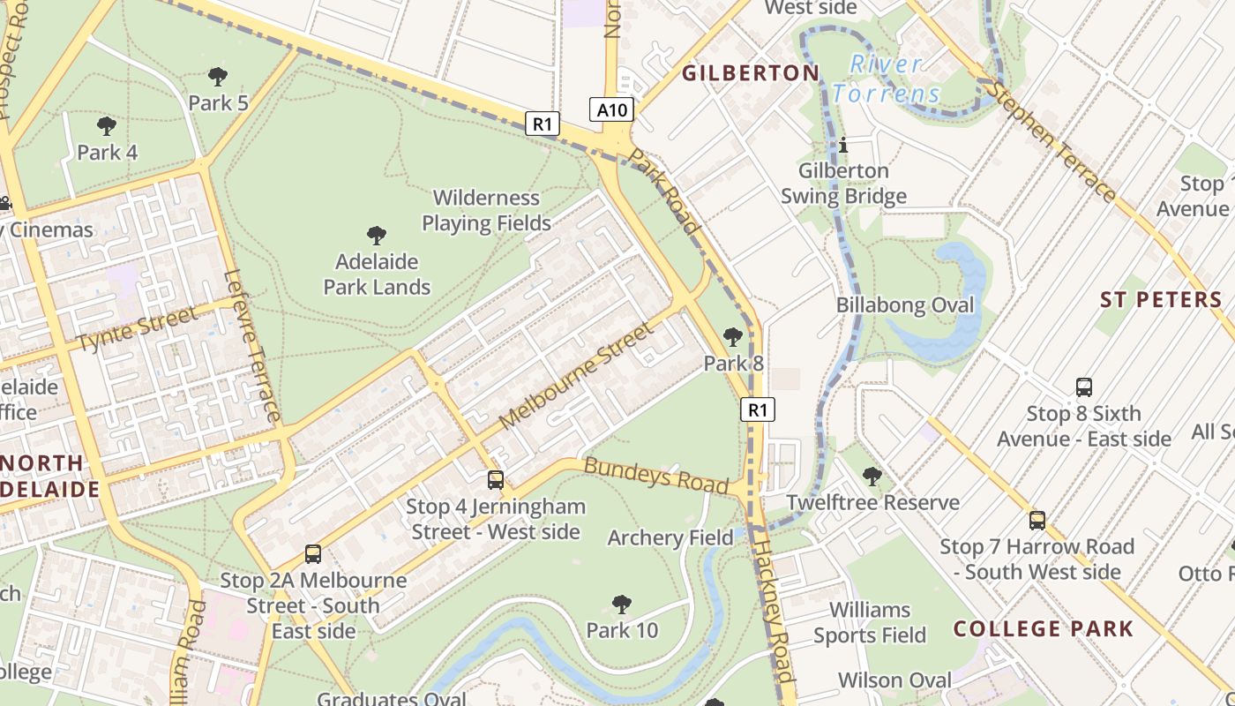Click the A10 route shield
pos(611,109)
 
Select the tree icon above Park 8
pos(732,337)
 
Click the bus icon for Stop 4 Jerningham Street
pos(496,480)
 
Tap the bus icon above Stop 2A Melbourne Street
pos(312,554)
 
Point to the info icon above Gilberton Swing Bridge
pos(842,145)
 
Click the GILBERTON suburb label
pos(751,73)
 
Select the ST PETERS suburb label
pos(1161,300)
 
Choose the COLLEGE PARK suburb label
pos(1044,628)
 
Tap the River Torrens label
pos(886,79)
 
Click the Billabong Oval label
pos(905,305)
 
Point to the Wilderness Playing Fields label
pos(486,210)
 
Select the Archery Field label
pos(670,537)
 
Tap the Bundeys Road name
pos(656,476)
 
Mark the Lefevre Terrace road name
pos(253,346)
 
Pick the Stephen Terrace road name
pos(1050,141)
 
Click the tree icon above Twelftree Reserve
pos(872,477)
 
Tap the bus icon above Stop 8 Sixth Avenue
pos(1084,387)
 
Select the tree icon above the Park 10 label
pos(622,605)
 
